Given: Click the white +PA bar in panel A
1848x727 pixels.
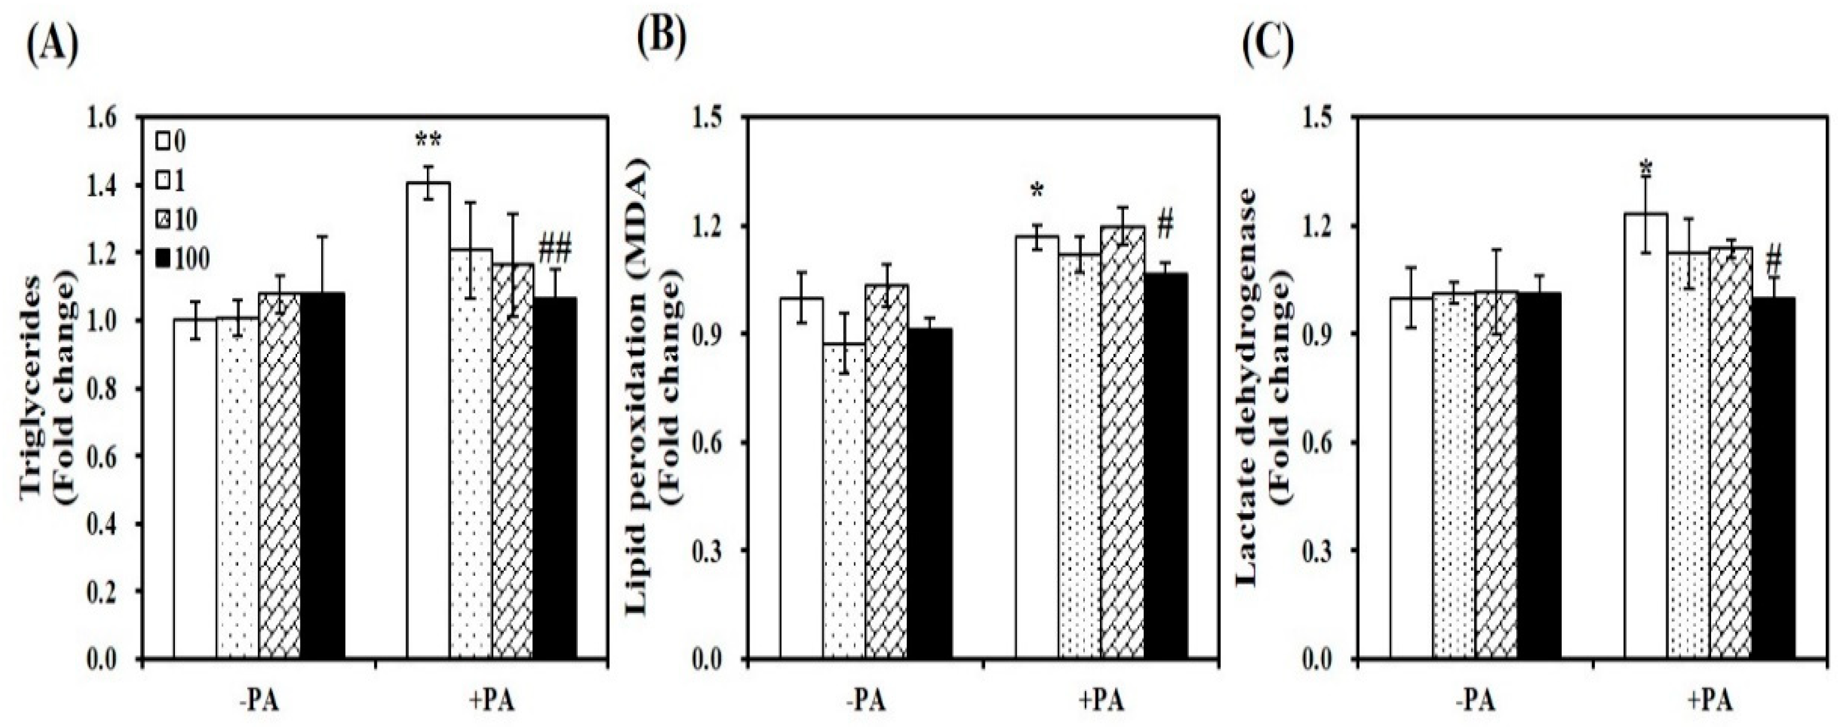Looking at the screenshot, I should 428,423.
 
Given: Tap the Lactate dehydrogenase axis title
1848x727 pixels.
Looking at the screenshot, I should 1269,391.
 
